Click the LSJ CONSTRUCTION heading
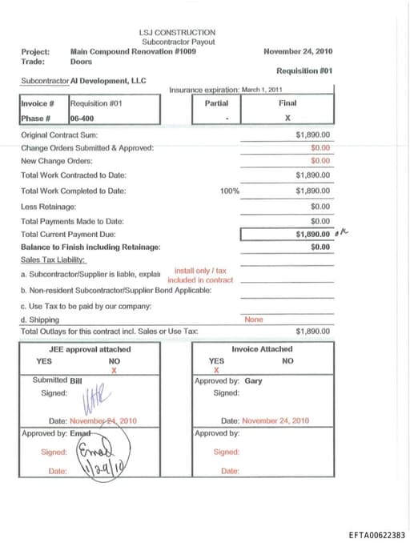(178, 31)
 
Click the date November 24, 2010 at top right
(298, 51)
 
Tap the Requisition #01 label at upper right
(303, 71)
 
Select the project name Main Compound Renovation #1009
(133, 51)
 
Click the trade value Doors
(81, 61)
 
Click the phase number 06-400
(82, 118)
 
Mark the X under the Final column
(287, 118)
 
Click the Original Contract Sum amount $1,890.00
(314, 135)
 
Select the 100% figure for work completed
(229, 191)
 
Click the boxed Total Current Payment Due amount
(313, 234)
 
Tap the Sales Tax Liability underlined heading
(53, 260)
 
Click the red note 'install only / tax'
(200, 271)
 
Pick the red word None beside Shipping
(254, 320)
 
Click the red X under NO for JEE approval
(115, 371)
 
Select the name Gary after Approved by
(253, 381)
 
